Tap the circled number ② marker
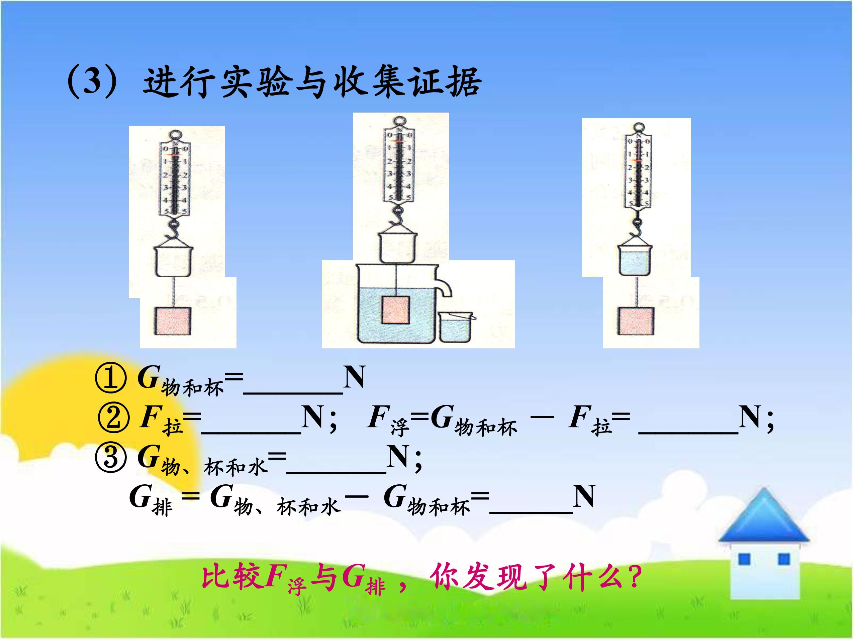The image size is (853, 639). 114,418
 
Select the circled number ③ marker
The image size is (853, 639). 111,458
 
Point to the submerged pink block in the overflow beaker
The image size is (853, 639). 395,309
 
